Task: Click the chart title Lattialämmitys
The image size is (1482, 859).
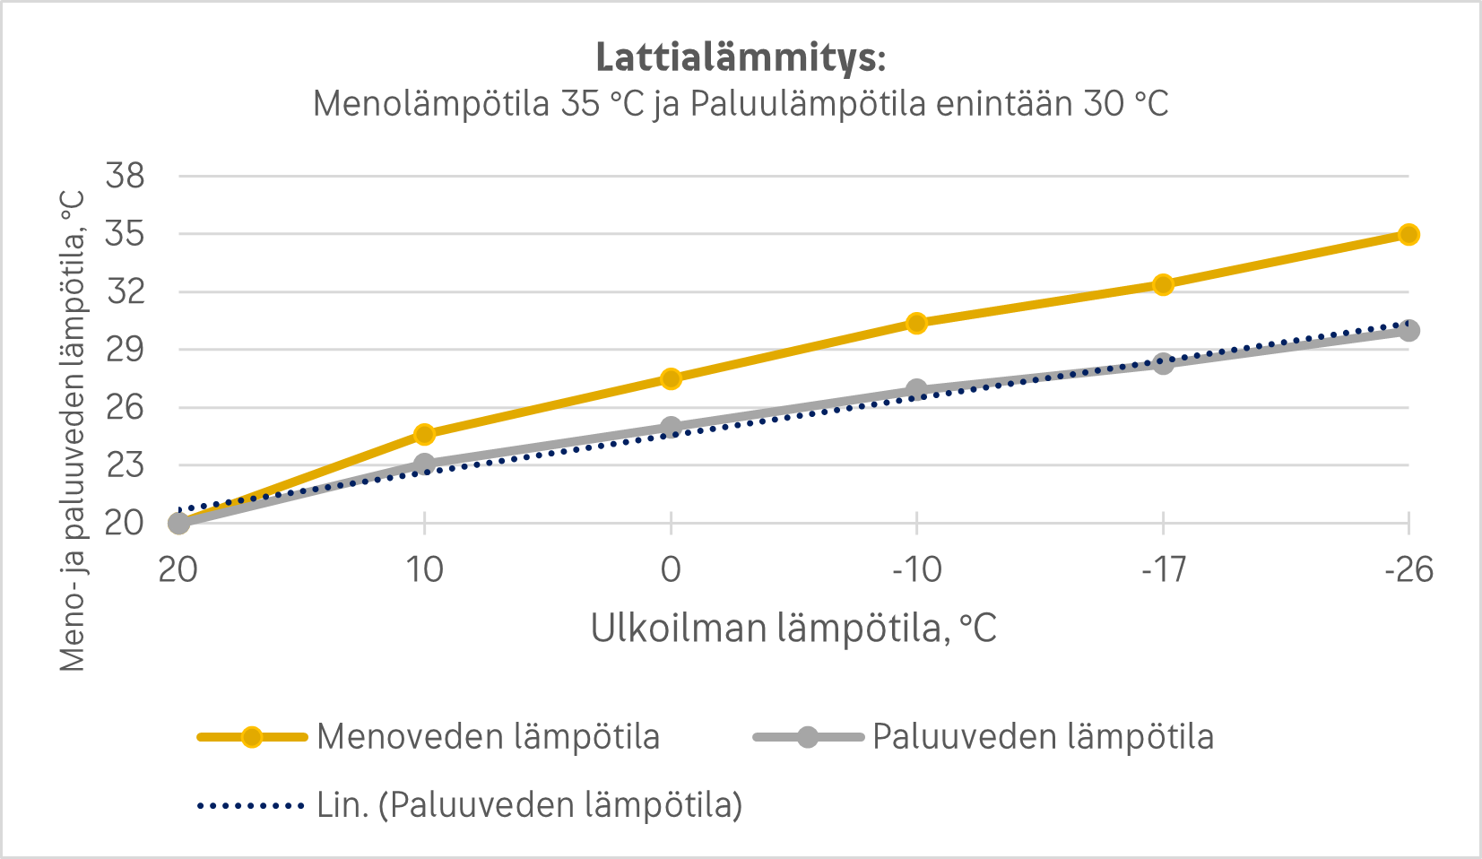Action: (x=741, y=57)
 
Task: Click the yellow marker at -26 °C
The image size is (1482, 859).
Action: (x=1408, y=235)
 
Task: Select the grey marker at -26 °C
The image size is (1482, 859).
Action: (x=1408, y=331)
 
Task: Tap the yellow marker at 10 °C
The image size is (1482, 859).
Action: (x=425, y=434)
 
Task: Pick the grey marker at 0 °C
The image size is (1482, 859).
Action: (x=671, y=428)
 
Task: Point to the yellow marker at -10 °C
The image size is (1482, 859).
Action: (x=916, y=323)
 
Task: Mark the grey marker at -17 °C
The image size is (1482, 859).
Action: (x=1163, y=363)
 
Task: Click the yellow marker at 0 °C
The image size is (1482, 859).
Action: (x=671, y=378)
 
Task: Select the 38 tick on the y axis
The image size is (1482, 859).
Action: (x=125, y=176)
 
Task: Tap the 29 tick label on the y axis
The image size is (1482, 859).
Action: (x=125, y=350)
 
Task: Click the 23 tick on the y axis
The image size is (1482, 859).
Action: (x=125, y=465)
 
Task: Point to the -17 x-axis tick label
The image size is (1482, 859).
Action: (x=1163, y=569)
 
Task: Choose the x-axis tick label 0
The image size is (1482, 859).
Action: (x=671, y=569)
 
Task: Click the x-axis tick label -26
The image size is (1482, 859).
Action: (x=1408, y=569)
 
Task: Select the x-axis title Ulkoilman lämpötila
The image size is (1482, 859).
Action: (x=793, y=629)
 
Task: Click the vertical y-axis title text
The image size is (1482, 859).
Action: (x=74, y=430)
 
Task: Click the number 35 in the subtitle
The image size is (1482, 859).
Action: (x=581, y=104)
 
